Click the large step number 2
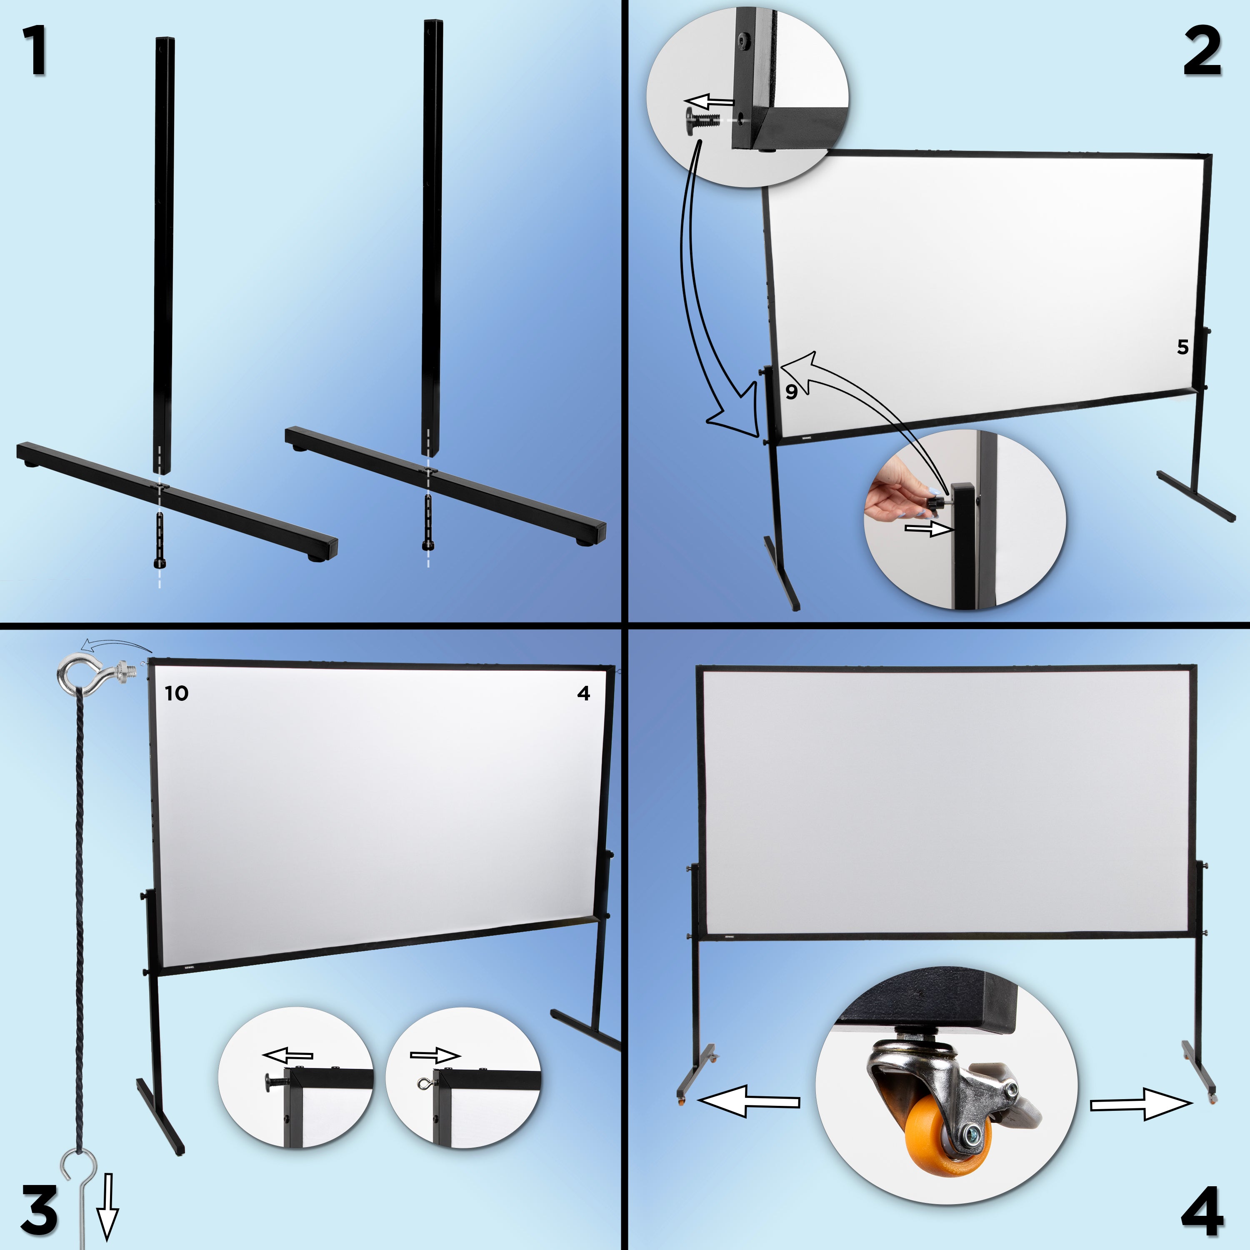click(x=1202, y=53)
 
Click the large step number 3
click(x=39, y=1209)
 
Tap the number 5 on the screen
click(x=1183, y=347)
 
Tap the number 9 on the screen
click(x=791, y=391)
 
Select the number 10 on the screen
click(x=176, y=694)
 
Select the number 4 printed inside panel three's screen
click(x=584, y=694)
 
